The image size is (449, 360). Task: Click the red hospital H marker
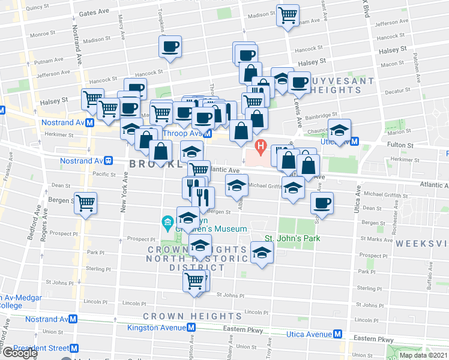pyautogui.click(x=261, y=146)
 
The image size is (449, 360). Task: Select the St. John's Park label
pyautogui.click(x=293, y=238)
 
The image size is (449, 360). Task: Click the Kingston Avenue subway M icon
pyautogui.click(x=191, y=328)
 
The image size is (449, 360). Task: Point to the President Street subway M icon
pyautogui.click(x=74, y=348)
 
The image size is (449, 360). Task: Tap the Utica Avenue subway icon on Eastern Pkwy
pyautogui.click(x=338, y=334)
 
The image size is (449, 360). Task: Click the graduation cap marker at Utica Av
pyautogui.click(x=339, y=130)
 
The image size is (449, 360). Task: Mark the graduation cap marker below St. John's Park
pyautogui.click(x=261, y=252)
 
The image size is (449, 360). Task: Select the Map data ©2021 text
pyautogui.click(x=423, y=355)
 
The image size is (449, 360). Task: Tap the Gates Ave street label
pyautogui.click(x=94, y=12)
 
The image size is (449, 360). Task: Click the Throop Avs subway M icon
pyautogui.click(x=207, y=134)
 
